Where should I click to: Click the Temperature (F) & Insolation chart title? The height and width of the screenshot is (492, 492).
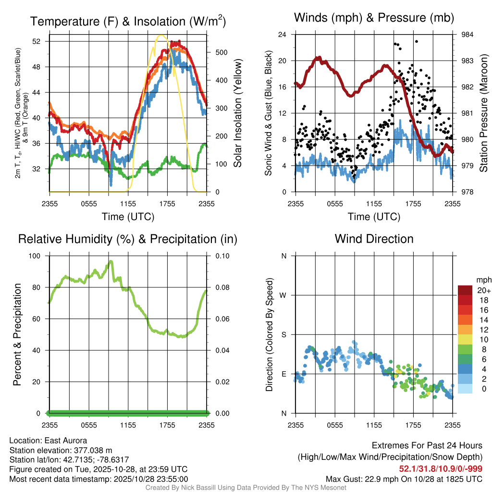128,22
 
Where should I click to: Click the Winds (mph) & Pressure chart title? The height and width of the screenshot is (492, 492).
374,18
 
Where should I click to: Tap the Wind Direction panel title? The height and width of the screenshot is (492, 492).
374,239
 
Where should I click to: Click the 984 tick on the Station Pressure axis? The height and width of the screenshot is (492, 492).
467,35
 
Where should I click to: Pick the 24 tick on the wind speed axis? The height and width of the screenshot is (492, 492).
283,35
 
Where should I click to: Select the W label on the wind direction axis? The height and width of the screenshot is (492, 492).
283,295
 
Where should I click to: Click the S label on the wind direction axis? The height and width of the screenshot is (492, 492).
284,334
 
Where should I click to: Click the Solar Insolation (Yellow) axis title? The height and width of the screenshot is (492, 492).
237,113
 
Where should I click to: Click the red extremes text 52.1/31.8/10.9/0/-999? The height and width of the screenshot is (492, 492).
441,468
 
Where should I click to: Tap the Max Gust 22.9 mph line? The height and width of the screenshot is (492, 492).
404,479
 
